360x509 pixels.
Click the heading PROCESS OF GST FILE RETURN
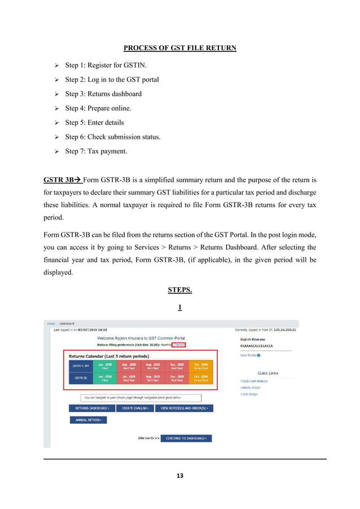[x=179, y=48]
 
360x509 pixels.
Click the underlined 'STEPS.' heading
[x=179, y=290]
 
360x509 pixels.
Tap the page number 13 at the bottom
[x=180, y=476]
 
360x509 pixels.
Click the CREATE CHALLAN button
[x=135, y=408]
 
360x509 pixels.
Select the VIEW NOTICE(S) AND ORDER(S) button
[x=185, y=408]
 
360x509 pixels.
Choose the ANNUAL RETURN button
[x=87, y=420]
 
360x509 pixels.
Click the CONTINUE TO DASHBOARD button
[x=186, y=438]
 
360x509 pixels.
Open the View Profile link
[x=250, y=356]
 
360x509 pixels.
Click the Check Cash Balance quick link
[x=254, y=381]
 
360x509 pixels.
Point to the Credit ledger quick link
[x=250, y=394]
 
